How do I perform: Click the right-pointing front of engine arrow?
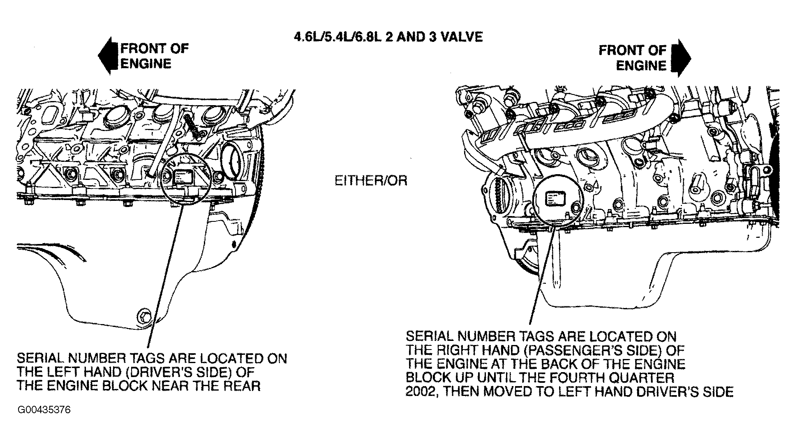pyautogui.click(x=681, y=58)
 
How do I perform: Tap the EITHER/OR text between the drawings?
pyautogui.click(x=371, y=181)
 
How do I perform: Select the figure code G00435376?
pyautogui.click(x=44, y=410)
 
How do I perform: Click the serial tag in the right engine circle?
pyautogui.click(x=555, y=200)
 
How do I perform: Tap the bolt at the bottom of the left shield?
pyautogui.click(x=144, y=316)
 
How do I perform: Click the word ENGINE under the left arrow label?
pyautogui.click(x=146, y=64)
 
